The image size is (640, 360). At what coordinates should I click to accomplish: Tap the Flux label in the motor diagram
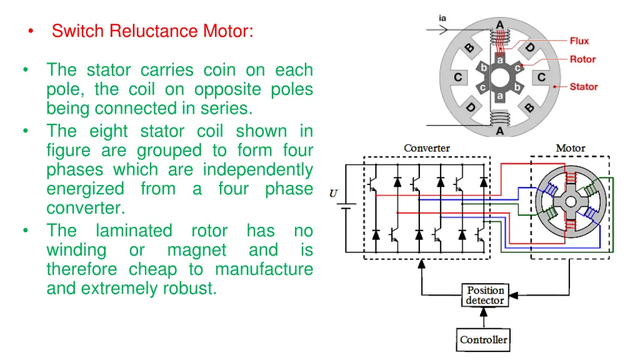pos(579,41)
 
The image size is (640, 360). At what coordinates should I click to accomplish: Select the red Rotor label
pos(582,59)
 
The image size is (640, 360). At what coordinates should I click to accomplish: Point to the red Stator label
pos(584,86)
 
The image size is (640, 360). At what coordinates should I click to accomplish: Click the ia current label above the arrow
pos(442,17)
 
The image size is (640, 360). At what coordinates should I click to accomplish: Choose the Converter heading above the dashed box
pos(427,148)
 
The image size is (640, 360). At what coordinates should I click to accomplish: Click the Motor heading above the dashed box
pos(571,148)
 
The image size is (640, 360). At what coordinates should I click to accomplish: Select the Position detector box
pos(485,295)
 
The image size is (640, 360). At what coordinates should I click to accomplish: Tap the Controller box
pos(484,340)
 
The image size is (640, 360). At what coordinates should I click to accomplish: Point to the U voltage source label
pos(334,194)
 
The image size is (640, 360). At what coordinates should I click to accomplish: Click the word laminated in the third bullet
pos(134,231)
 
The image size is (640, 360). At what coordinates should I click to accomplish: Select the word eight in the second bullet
pos(108,131)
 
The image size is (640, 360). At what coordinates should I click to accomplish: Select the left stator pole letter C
pos(458,78)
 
